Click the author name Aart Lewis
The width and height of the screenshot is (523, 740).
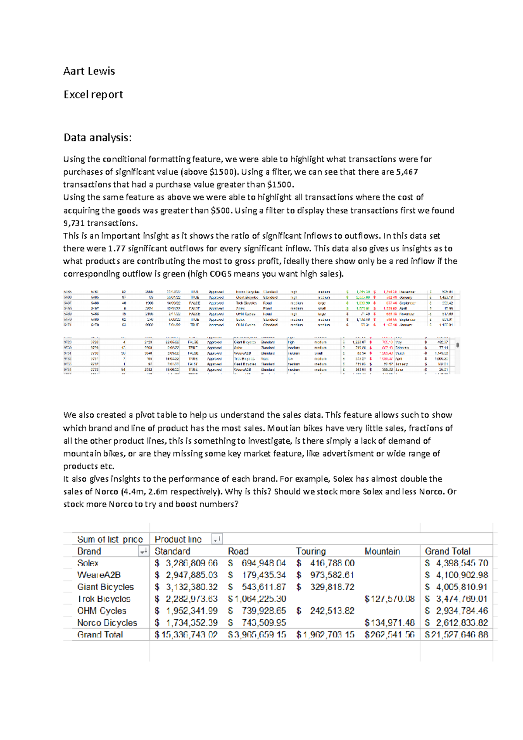tap(89, 71)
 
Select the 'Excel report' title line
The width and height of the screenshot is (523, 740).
tap(93, 95)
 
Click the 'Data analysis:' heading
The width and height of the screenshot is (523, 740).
tap(97, 138)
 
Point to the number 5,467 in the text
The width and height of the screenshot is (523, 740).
tap(407, 172)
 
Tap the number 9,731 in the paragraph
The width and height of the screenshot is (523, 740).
tap(74, 223)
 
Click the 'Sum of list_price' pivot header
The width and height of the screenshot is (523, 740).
tap(110, 540)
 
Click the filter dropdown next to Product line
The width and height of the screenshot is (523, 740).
tap(217, 540)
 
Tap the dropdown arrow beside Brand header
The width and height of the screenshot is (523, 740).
tap(143, 552)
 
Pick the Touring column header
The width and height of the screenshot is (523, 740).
tap(311, 551)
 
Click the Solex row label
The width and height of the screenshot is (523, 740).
tap(88, 563)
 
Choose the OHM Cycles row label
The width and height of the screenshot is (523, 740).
tap(102, 611)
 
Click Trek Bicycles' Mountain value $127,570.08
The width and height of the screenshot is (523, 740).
tap(389, 599)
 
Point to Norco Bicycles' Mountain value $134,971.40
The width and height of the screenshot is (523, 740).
tap(389, 623)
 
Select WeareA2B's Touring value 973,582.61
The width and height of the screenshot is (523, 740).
tap(331, 575)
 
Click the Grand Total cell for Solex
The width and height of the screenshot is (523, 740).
tap(457, 563)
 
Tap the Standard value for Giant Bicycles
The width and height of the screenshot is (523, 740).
tap(186, 587)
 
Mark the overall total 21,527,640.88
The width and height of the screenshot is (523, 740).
tap(457, 635)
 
